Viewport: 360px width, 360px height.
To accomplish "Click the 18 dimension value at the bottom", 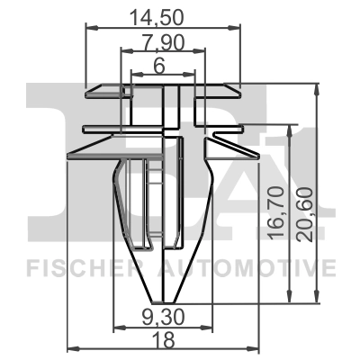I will tap(164, 340).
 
